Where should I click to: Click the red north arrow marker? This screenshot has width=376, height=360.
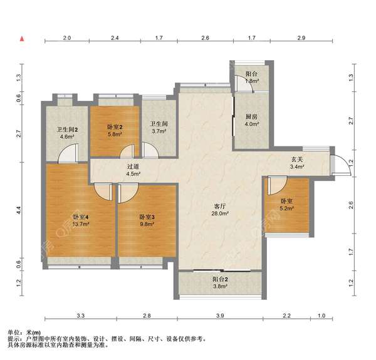[x=22, y=39]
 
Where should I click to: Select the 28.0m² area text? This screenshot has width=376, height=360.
[x=220, y=213]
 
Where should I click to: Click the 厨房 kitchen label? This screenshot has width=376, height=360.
[x=251, y=117]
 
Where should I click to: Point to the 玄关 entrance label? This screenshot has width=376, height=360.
[x=297, y=159]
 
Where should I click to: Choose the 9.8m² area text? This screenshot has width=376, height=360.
[x=147, y=224]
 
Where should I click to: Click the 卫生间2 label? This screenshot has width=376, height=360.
[x=67, y=130]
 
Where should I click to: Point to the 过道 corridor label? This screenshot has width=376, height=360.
[x=133, y=167]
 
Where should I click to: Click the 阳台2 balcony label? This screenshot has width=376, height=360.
[x=220, y=279]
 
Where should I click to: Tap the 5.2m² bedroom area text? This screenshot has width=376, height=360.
[x=287, y=208]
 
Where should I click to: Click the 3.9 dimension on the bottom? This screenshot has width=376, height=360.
[x=220, y=316]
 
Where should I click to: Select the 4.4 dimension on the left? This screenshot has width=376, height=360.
[x=19, y=210]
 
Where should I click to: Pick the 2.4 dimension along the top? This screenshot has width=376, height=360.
[x=115, y=38]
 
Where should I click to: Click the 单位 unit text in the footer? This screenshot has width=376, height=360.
[x=14, y=332]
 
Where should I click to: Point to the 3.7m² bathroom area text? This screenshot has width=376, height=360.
[x=159, y=131]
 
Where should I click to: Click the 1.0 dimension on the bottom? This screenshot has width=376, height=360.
[x=321, y=316]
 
